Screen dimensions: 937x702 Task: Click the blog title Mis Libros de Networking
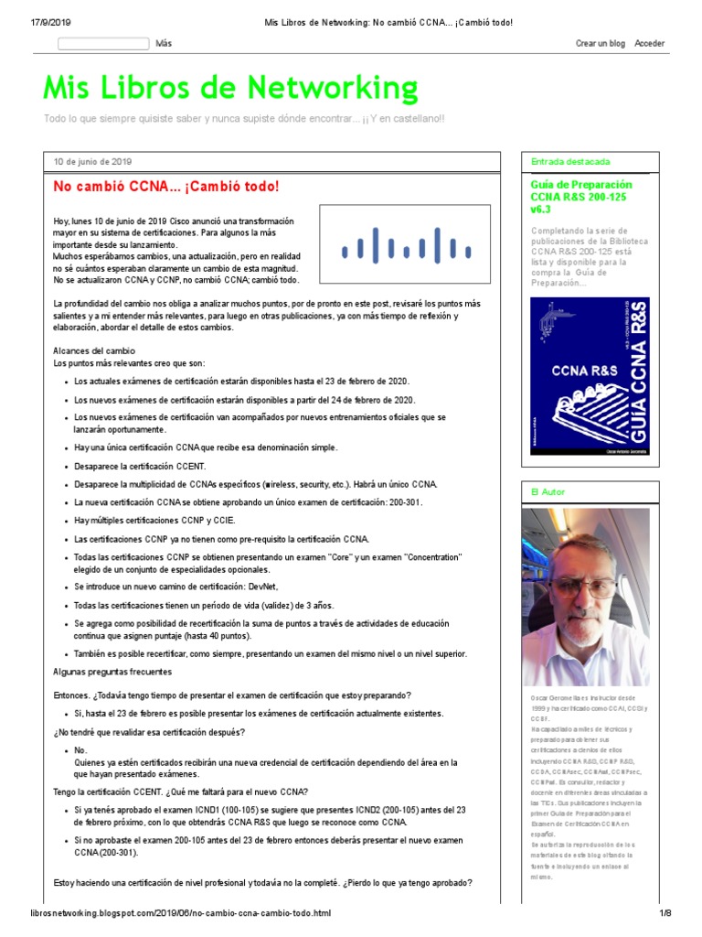(230, 89)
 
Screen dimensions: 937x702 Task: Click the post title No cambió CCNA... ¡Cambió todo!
(165, 187)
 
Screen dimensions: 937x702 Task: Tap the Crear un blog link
(600, 43)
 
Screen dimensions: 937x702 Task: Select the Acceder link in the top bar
(649, 43)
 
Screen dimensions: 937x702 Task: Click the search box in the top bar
(103, 43)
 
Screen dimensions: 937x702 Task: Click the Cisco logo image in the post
(406, 245)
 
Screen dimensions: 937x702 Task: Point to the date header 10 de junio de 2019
(92, 161)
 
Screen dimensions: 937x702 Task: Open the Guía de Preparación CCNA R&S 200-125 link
(580, 197)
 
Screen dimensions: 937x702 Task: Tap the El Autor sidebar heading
(548, 492)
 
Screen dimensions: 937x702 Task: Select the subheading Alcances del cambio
(94, 350)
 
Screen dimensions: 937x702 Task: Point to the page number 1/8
(665, 913)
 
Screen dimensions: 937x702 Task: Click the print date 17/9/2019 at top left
(37, 22)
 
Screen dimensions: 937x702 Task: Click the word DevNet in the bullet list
(259, 586)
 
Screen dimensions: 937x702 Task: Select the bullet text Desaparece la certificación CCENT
(140, 466)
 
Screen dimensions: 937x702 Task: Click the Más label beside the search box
(164, 43)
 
